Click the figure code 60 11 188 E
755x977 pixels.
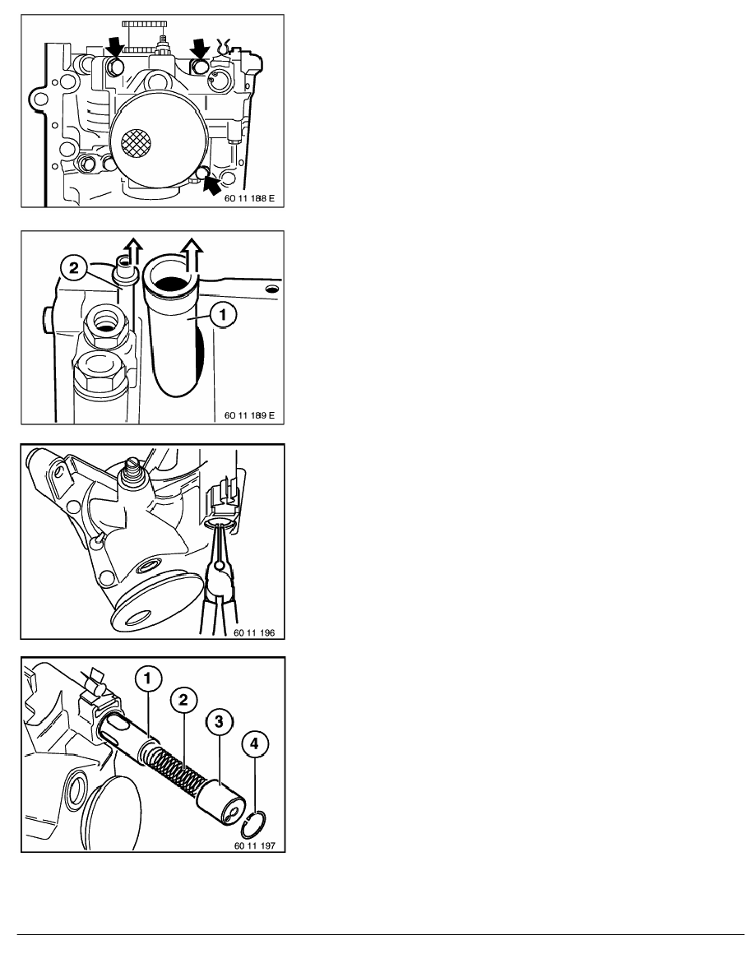pyautogui.click(x=249, y=200)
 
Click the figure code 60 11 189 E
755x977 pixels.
pyautogui.click(x=249, y=415)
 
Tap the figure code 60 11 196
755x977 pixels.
pyautogui.click(x=254, y=632)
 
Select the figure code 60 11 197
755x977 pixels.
pyautogui.click(x=254, y=845)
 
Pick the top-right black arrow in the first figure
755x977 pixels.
pyautogui.click(x=201, y=47)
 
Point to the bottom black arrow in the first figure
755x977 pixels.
pyautogui.click(x=212, y=183)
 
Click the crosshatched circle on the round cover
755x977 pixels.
pyautogui.click(x=136, y=144)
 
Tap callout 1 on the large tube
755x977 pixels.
pyautogui.click(x=222, y=315)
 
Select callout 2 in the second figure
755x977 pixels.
pyautogui.click(x=73, y=269)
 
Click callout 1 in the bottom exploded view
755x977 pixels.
pyautogui.click(x=148, y=678)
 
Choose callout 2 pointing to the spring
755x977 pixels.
pyautogui.click(x=183, y=700)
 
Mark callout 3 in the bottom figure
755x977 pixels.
pyautogui.click(x=219, y=721)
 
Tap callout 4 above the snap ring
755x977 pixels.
pyautogui.click(x=254, y=743)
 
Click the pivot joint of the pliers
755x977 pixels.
pyautogui.click(x=217, y=566)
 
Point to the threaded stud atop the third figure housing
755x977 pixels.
pyautogui.click(x=132, y=470)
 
